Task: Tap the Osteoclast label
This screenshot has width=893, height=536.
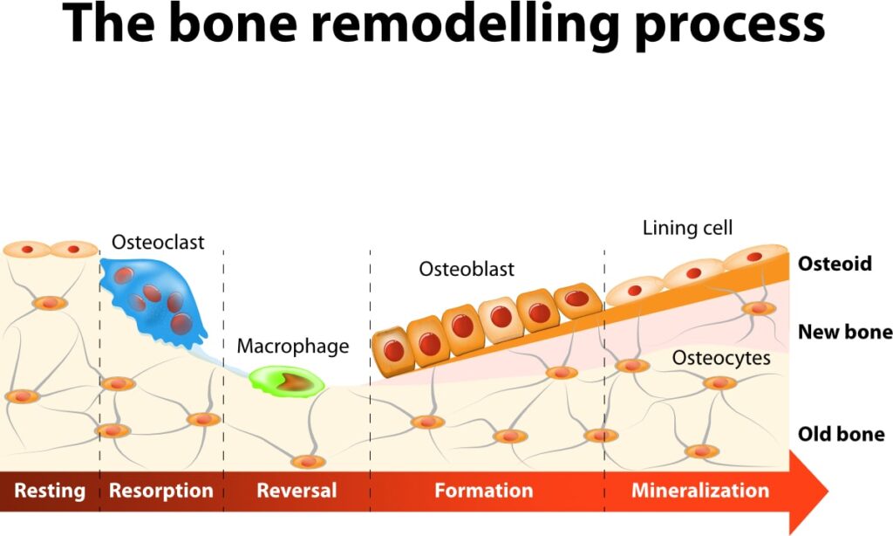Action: point(158,241)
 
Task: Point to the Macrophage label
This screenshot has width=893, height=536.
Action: point(293,347)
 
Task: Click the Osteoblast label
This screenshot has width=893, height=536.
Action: point(467,269)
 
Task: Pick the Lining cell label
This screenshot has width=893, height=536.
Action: point(687,229)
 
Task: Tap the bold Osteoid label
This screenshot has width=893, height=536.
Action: point(835,264)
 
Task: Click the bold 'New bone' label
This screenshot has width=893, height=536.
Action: point(845,332)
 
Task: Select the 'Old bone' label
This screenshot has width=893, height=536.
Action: point(842,434)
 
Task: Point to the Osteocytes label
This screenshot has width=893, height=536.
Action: point(721,358)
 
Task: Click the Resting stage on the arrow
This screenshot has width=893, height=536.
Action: point(50,491)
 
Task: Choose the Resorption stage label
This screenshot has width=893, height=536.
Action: point(160,491)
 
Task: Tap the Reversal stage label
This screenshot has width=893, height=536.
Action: point(297,491)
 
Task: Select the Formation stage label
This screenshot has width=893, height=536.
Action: point(484,491)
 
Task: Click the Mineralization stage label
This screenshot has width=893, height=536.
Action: point(700,491)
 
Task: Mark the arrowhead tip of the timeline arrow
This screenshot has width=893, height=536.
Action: point(828,491)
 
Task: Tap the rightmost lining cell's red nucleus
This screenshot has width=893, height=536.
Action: point(753,257)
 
